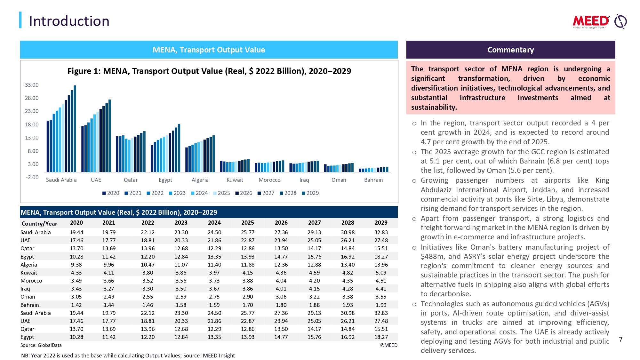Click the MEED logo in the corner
[599, 21]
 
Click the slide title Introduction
[69, 21]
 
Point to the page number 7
[620, 340]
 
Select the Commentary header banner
[510, 50]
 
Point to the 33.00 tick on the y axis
[32, 85]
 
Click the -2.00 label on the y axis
[32, 177]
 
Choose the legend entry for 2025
[221, 193]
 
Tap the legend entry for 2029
[310, 193]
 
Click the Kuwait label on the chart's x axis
[235, 180]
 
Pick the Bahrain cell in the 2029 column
[381, 305]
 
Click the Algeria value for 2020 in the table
[76, 265]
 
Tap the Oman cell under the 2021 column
[109, 297]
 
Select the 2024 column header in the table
[214, 223]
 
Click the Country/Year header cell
[39, 224]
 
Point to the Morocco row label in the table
[31, 281]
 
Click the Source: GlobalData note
[41, 345]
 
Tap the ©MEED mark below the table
[388, 345]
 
